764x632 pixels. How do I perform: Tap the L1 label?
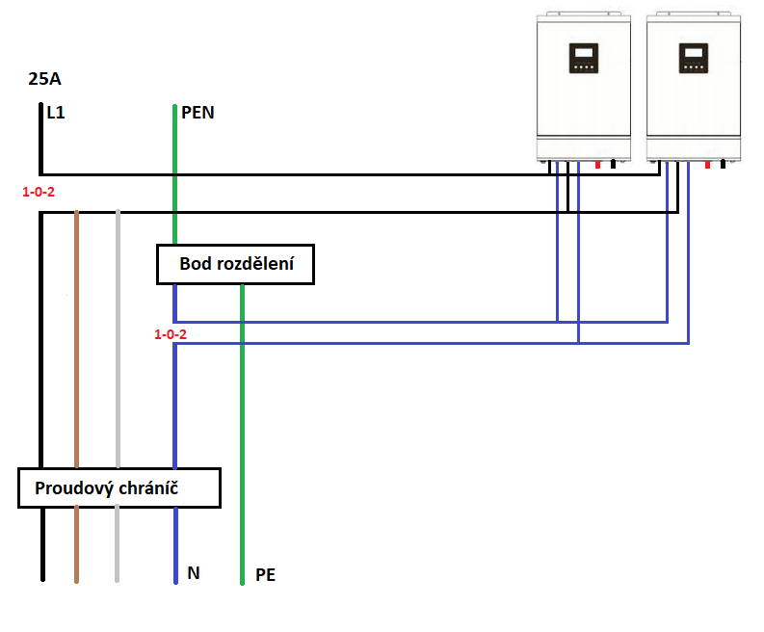coord(56,113)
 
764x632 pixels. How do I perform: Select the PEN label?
coord(198,113)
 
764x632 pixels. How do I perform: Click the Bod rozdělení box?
coord(236,265)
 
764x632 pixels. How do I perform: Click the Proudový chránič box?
coord(119,488)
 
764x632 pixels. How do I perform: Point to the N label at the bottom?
coord(194,573)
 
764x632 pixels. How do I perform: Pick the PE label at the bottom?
coord(266,576)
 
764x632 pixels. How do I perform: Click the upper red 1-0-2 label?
coord(39,192)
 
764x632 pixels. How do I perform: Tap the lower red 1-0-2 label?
coord(171,334)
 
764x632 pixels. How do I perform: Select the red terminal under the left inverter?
coord(598,165)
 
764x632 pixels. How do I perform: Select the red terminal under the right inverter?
coord(708,165)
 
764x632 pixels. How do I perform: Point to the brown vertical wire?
coord(76,385)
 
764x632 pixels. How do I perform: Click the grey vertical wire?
coord(117,385)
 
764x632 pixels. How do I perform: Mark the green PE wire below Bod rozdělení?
coord(242,434)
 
